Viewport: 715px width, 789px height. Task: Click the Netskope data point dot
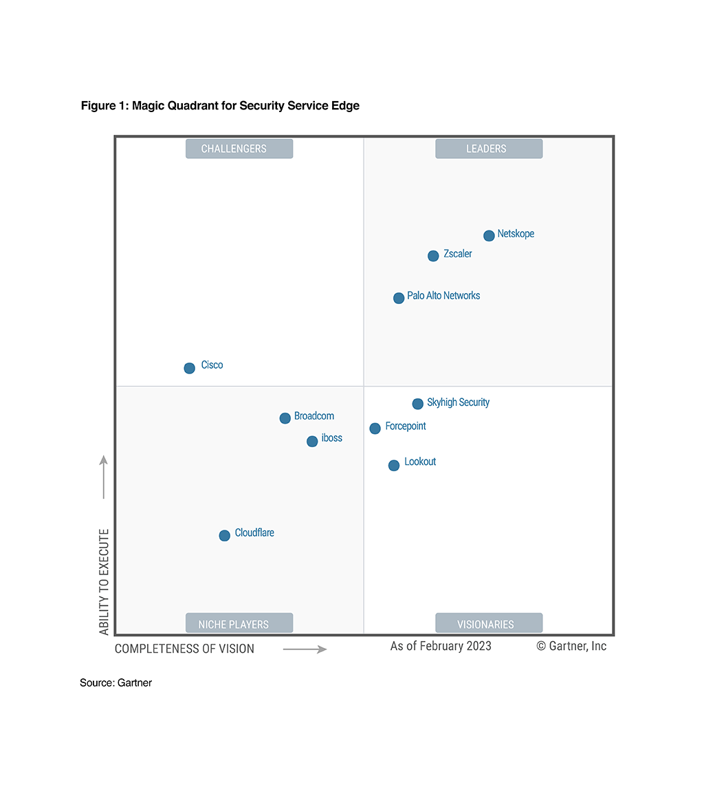(489, 236)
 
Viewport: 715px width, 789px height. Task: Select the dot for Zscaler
(433, 256)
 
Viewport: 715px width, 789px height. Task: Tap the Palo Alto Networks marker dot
(399, 298)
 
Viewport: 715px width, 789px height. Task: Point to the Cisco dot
(190, 368)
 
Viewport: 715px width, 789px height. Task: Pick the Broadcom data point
(285, 418)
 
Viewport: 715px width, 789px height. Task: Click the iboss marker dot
(312, 441)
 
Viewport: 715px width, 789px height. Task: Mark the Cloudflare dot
(224, 535)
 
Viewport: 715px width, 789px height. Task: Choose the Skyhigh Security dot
(417, 404)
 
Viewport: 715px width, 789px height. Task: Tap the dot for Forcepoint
(375, 429)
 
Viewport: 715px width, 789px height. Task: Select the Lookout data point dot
(394, 465)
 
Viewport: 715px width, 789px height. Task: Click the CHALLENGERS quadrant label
(239, 149)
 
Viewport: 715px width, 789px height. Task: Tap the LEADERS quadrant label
(489, 149)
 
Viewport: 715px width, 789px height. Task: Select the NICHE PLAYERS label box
(239, 623)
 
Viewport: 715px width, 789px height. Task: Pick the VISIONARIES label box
(489, 623)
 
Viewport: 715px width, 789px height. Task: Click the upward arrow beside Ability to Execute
(104, 476)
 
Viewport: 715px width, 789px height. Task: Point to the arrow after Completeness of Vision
(305, 649)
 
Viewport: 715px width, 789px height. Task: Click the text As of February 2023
(441, 646)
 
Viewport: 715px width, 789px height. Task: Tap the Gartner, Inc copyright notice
(571, 646)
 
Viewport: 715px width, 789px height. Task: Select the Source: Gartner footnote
(115, 683)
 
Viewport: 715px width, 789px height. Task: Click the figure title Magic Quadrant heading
(220, 106)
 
